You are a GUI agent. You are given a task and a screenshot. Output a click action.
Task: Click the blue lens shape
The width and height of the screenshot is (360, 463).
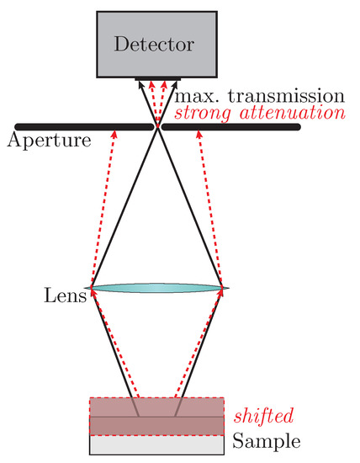pyautogui.click(x=157, y=288)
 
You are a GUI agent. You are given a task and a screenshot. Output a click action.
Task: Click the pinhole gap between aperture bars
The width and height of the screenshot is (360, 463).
pyautogui.click(x=156, y=127)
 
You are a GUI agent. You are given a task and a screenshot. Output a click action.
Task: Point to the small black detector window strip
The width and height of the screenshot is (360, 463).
pyautogui.click(x=157, y=82)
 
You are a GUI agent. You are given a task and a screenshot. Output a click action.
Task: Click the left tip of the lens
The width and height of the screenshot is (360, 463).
pyautogui.click(x=87, y=288)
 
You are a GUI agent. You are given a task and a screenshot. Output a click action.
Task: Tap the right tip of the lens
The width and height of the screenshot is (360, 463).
pyautogui.click(x=227, y=288)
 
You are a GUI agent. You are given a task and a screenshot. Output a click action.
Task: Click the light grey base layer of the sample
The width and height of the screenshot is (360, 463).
pyautogui.click(x=157, y=443)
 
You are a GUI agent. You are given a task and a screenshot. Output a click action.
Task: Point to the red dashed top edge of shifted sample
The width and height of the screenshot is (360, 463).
pyautogui.click(x=157, y=397)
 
